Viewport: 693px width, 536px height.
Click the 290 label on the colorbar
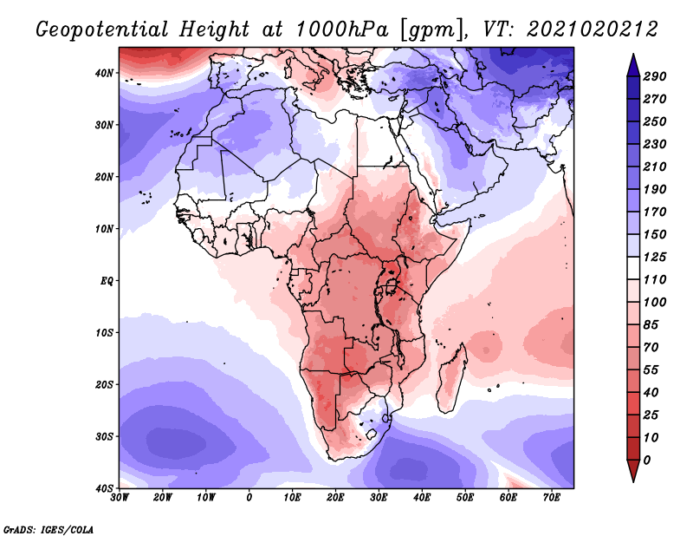[x=655, y=76]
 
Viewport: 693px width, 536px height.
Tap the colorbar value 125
[x=655, y=257]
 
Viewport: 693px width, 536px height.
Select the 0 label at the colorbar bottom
[x=647, y=461]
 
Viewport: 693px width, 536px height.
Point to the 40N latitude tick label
[x=103, y=73]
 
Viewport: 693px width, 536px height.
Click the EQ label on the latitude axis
[x=107, y=281]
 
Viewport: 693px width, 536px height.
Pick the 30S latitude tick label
[x=103, y=437]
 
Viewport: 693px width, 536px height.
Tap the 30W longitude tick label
[x=120, y=498]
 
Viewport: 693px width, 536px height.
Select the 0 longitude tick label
[x=249, y=498]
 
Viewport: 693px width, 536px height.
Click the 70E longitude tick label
[x=552, y=498]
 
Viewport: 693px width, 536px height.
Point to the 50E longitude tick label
[x=465, y=498]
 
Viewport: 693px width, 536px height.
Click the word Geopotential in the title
[x=102, y=30]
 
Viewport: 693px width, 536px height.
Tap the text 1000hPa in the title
[x=341, y=29]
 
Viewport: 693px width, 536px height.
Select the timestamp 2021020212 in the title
[x=593, y=29]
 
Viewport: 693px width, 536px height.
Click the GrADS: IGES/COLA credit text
[x=49, y=530]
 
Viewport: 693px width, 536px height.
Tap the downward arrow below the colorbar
[x=633, y=471]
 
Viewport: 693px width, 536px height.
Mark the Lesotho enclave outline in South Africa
[x=372, y=434]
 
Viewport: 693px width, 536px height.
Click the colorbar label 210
[x=655, y=167]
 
